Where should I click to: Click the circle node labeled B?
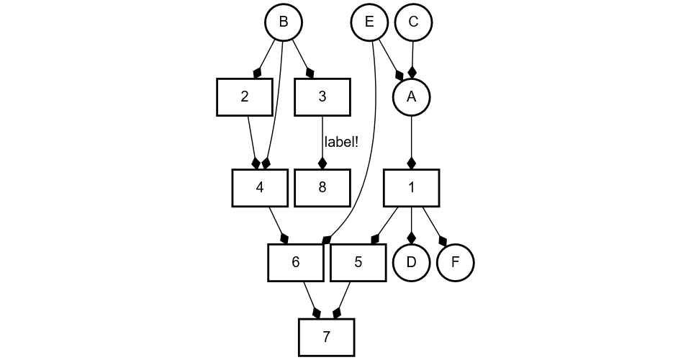[x=284, y=22]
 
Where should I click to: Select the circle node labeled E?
[x=369, y=22]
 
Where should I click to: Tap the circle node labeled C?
[x=413, y=22]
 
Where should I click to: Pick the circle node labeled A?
[x=411, y=97]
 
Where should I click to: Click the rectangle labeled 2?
[x=245, y=97]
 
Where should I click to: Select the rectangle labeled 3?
[x=322, y=97]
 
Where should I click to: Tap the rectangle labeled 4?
[x=260, y=187]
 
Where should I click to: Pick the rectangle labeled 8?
[x=322, y=187]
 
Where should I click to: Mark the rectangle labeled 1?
[x=411, y=187]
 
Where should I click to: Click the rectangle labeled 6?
[x=295, y=262]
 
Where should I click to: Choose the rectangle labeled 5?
[x=358, y=262]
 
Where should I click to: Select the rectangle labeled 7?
[x=327, y=337]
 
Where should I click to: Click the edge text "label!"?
[x=341, y=142]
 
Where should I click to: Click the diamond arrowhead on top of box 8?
[x=322, y=163]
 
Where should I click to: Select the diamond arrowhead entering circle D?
[x=411, y=237]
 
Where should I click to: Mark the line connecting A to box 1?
[x=411, y=137]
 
